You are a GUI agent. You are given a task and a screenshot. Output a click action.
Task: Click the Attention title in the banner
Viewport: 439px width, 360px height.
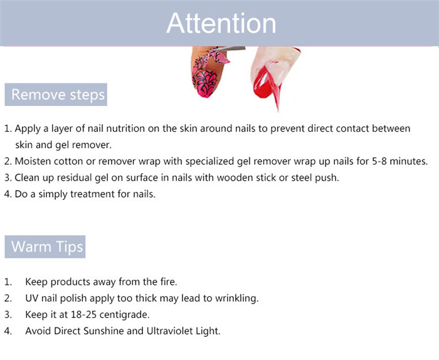pyautogui.click(x=221, y=23)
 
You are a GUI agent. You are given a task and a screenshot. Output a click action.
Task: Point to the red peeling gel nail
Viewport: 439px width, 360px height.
pyautogui.click(x=267, y=85)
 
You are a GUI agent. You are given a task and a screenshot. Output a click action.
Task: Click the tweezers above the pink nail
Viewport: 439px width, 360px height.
pyautogui.click(x=228, y=49)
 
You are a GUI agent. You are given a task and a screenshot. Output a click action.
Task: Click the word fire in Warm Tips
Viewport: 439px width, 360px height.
pyautogui.click(x=168, y=282)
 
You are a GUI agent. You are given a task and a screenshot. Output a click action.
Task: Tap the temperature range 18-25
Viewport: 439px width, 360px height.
pyautogui.click(x=83, y=315)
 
